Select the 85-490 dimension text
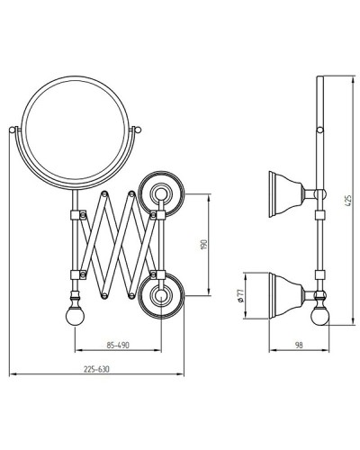click(x=118, y=346)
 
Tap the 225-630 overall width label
click(x=96, y=369)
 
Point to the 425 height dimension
click(x=347, y=201)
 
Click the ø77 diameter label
click(x=239, y=296)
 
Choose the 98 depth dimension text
click(x=299, y=346)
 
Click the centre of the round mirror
click(x=76, y=132)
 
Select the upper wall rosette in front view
click(x=161, y=194)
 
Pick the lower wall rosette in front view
click(x=161, y=296)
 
